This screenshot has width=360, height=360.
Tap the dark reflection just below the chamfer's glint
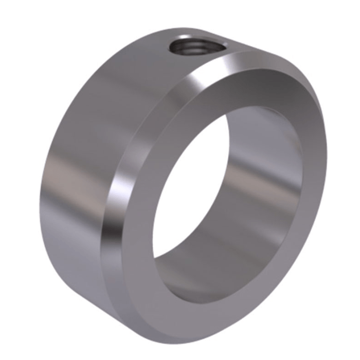[116, 216]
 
